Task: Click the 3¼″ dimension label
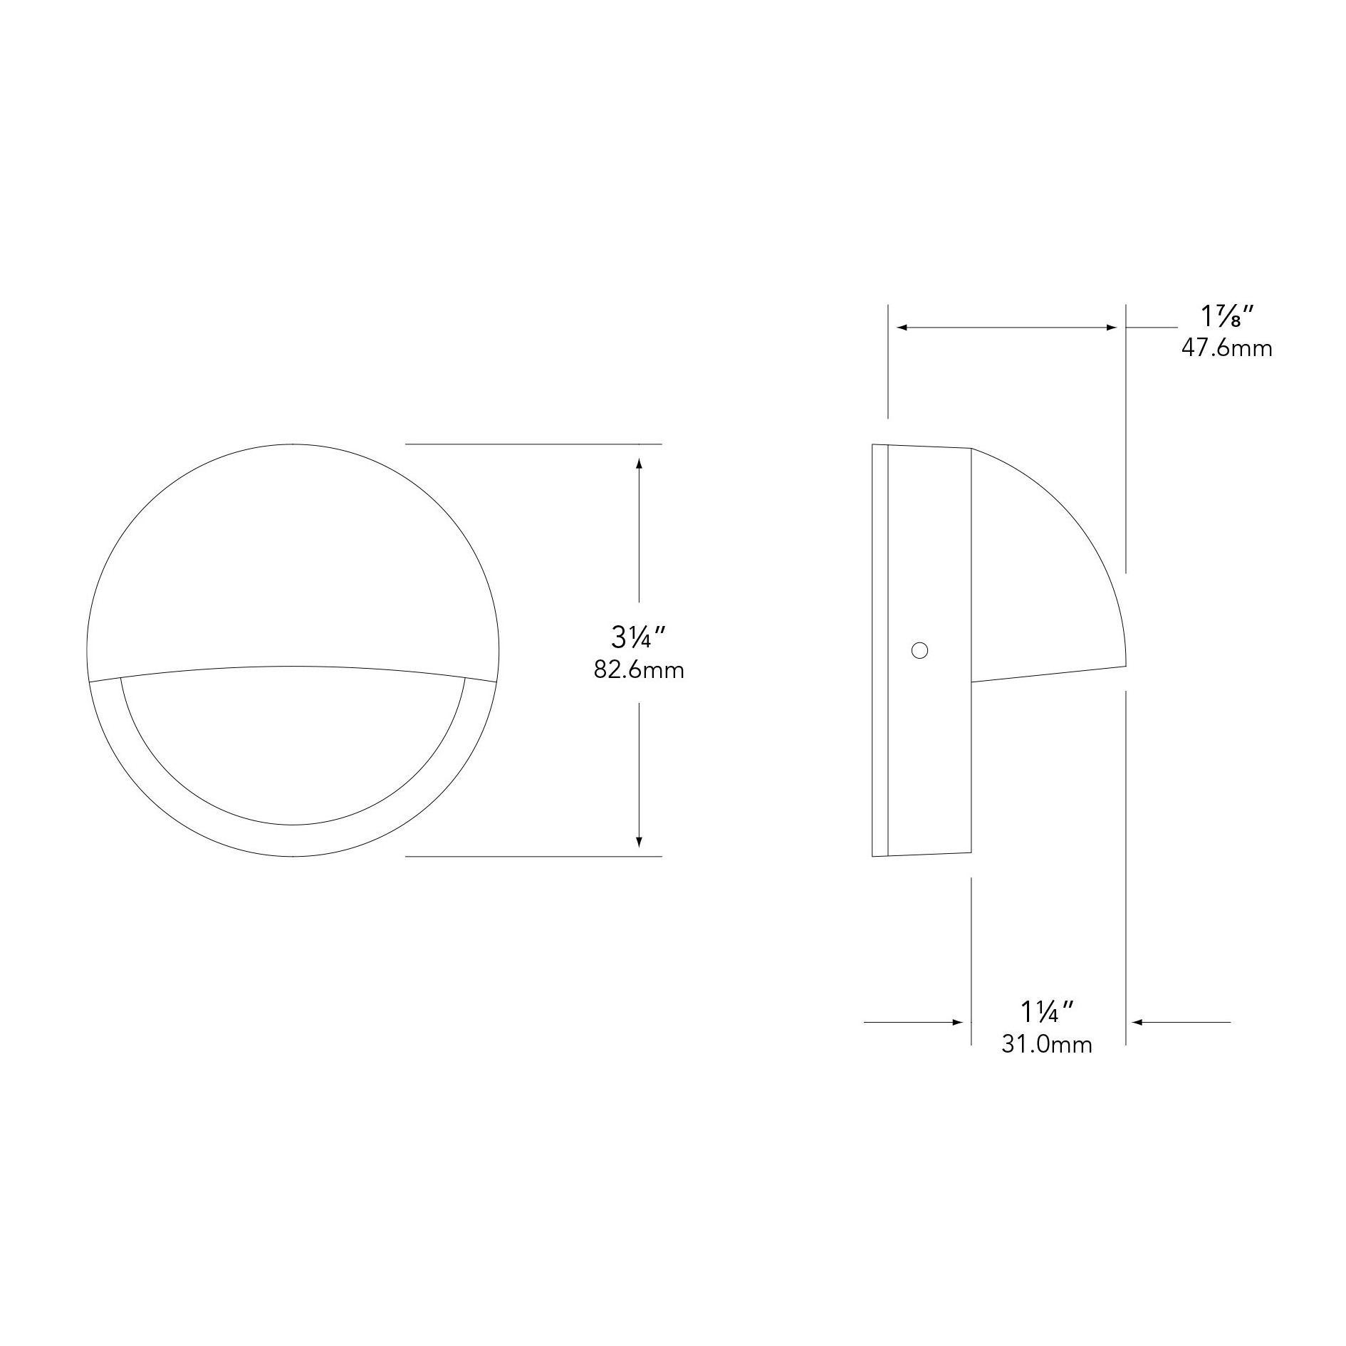pos(638,637)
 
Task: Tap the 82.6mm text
pos(639,670)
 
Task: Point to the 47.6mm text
pos(1226,348)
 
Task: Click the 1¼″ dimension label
pos(1047,1011)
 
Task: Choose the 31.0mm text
pos(1047,1044)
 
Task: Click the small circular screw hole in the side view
pos(919,650)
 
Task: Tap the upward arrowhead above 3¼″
pos(639,463)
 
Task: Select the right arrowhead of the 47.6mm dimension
pos(1112,328)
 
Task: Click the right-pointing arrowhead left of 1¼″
pos(959,1022)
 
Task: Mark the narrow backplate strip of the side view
pos(880,650)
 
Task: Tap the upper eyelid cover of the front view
pos(293,555)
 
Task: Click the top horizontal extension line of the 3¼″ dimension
pos(534,444)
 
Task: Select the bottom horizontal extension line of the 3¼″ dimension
pos(534,856)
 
